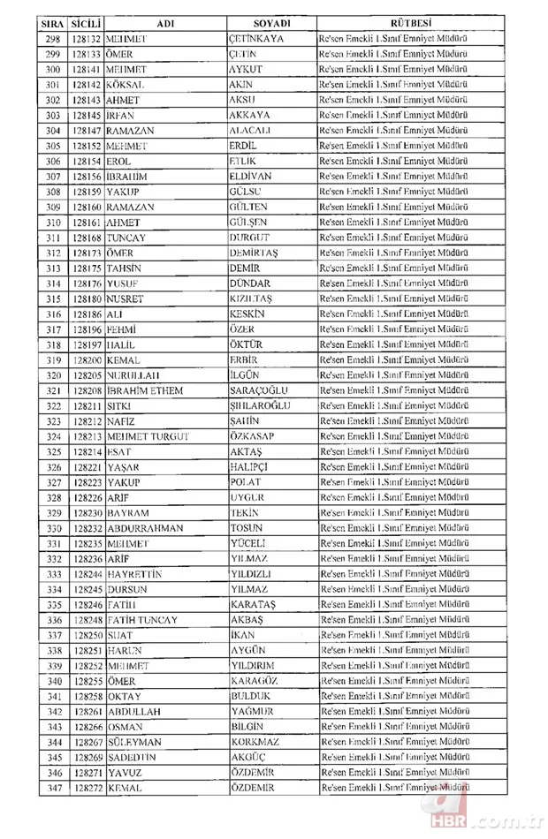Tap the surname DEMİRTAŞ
click(x=255, y=253)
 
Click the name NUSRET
click(x=126, y=299)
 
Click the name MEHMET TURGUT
click(x=146, y=436)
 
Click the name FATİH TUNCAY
click(x=142, y=620)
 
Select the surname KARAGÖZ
click(x=254, y=681)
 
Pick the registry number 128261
click(x=87, y=712)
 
